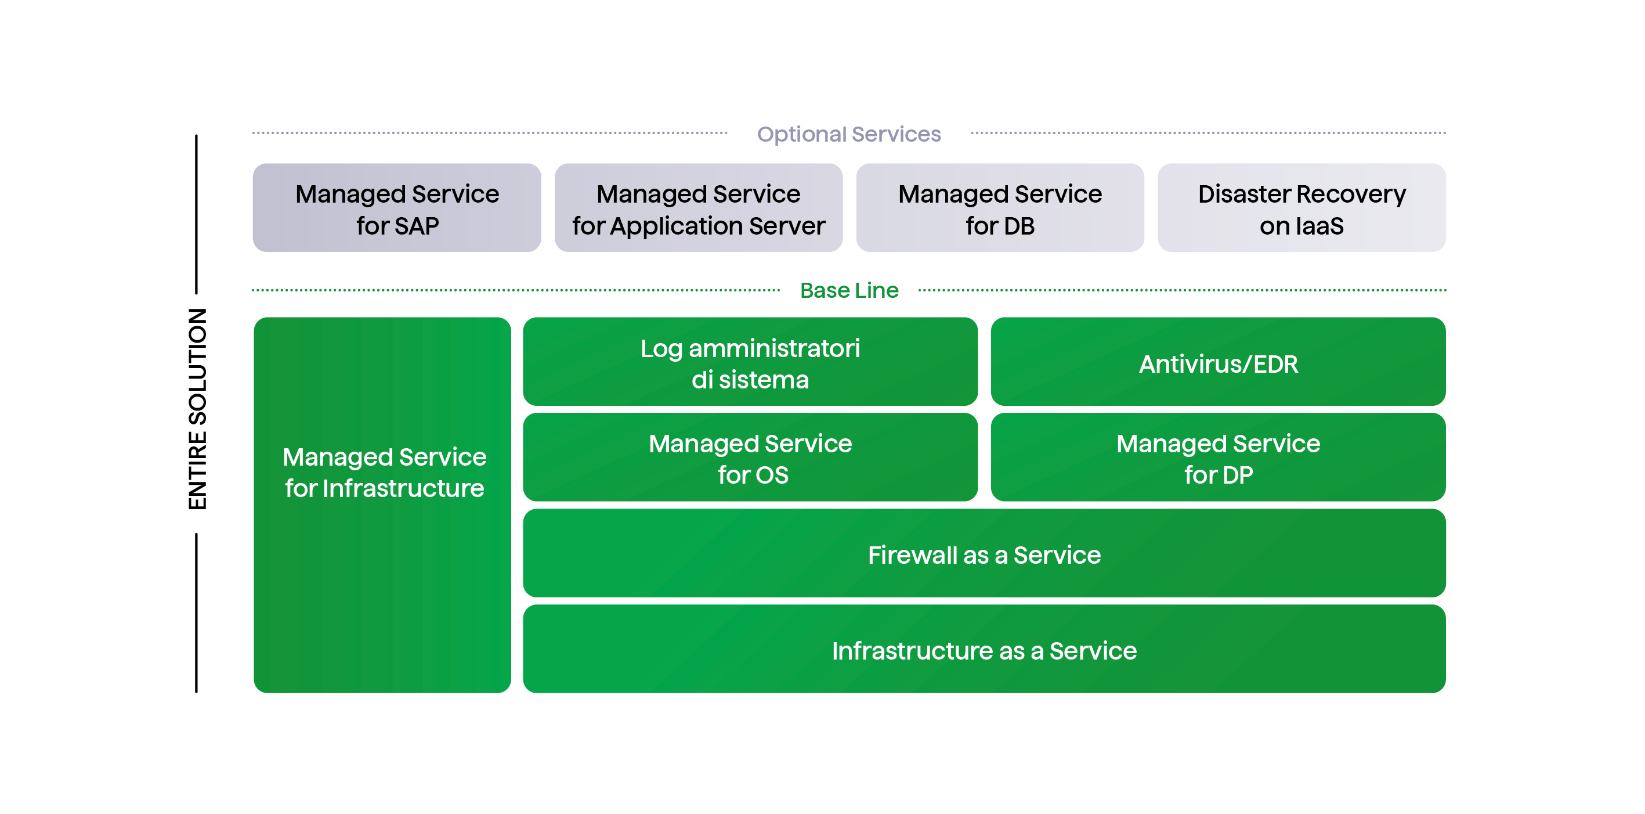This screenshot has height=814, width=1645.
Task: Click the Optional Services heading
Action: tap(849, 134)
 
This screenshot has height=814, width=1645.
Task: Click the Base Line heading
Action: tap(849, 291)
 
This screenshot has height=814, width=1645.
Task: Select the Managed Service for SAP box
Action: tap(396, 208)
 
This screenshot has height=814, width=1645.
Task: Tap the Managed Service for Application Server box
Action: tap(698, 208)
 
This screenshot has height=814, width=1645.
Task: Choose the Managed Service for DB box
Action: tap(1000, 208)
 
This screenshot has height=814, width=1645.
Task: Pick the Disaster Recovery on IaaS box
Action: tap(1301, 208)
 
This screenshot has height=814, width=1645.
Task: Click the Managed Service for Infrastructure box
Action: tap(382, 505)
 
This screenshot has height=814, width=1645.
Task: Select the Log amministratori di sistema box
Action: tap(750, 362)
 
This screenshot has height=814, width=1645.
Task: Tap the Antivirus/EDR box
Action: tap(1218, 362)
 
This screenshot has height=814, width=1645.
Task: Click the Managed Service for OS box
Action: tap(750, 458)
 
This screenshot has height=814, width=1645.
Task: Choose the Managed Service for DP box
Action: tap(1218, 458)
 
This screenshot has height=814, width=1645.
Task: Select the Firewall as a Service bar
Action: tap(984, 554)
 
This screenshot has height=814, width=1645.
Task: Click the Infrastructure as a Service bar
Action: tap(984, 650)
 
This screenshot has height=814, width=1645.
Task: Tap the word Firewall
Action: tap(912, 555)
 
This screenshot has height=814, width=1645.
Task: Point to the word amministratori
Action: tap(774, 349)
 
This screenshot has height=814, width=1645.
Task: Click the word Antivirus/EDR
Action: tap(1218, 364)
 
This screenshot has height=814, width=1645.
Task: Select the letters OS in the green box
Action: tap(772, 476)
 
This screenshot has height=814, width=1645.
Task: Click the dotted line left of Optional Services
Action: tap(489, 133)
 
